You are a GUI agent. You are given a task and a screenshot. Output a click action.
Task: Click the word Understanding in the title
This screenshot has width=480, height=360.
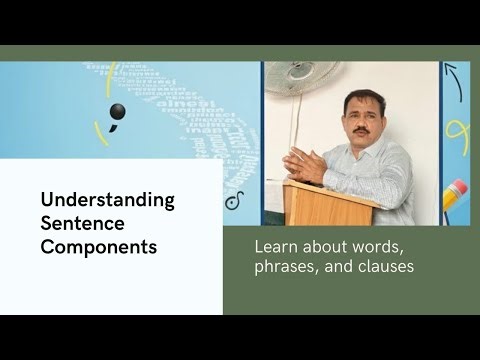point(108,199)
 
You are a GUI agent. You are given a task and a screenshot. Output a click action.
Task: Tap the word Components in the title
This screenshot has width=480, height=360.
point(99,245)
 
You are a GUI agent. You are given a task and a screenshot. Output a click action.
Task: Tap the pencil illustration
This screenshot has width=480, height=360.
point(456,199)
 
